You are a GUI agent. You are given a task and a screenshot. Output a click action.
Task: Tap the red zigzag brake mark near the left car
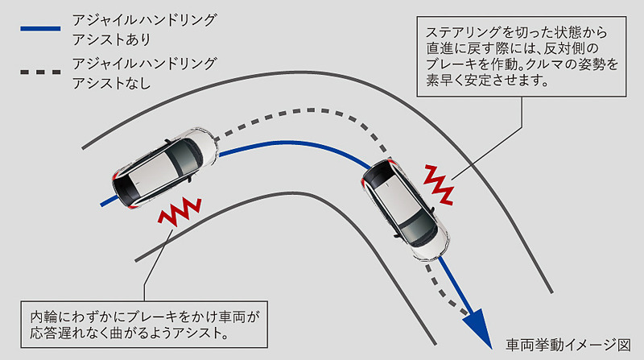tap(179, 213)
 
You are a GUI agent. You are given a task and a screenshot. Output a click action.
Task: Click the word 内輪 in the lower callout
tap(43, 316)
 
